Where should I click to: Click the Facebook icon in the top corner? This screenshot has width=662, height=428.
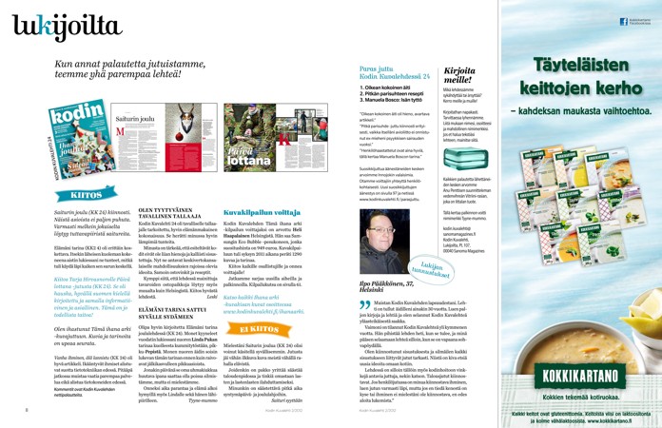click(x=622, y=20)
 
